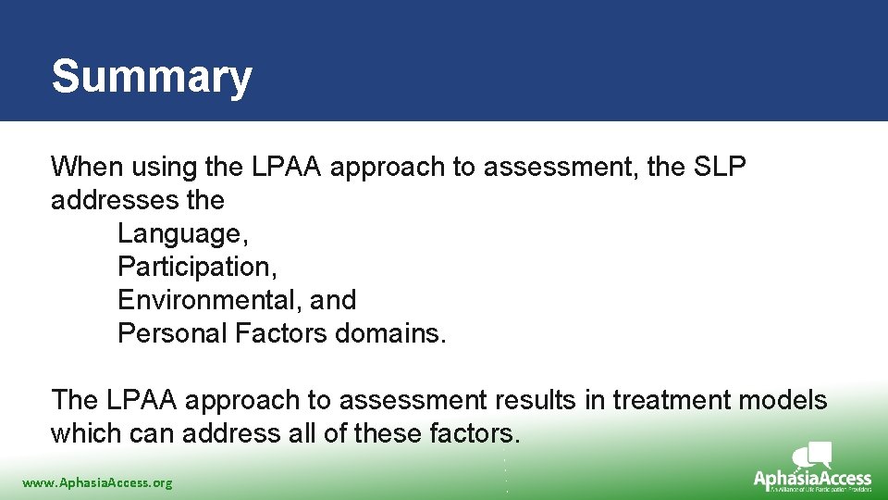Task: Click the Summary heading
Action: pyautogui.click(x=152, y=77)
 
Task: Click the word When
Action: pyautogui.click(x=87, y=168)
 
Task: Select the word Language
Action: pyautogui.click(x=175, y=234)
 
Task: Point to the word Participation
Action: pyautogui.click(x=197, y=268)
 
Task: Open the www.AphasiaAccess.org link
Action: pyautogui.click(x=97, y=482)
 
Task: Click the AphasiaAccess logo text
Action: pyautogui.click(x=812, y=479)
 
